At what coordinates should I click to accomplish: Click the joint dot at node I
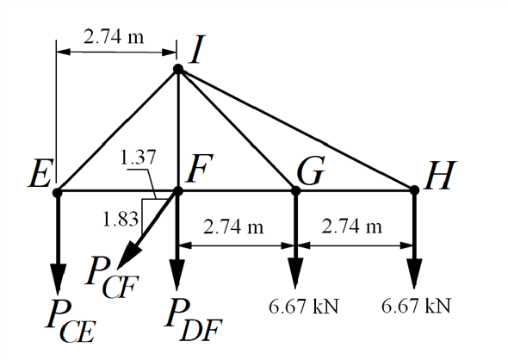(178, 69)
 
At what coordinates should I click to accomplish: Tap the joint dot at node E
(58, 191)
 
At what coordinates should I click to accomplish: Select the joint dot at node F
(178, 191)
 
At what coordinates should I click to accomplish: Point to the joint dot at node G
(296, 191)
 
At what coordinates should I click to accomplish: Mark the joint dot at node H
(414, 191)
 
